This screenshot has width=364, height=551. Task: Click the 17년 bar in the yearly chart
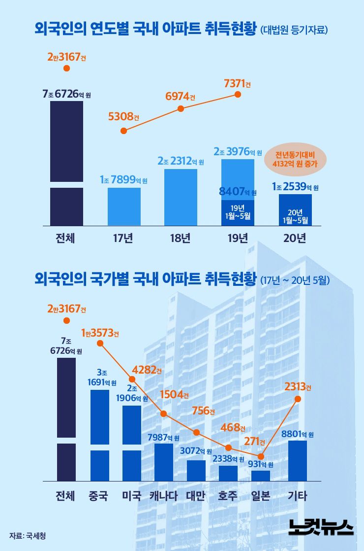click(124, 207)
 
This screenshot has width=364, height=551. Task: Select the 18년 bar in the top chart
click(181, 197)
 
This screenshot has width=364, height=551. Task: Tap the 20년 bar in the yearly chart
click(295, 210)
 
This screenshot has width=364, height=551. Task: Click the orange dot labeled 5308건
click(124, 131)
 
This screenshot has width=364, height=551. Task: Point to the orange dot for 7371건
click(239, 94)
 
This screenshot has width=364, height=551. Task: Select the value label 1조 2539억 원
click(295, 187)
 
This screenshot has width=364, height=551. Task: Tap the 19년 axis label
click(238, 239)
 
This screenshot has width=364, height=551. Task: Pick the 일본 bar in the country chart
click(261, 476)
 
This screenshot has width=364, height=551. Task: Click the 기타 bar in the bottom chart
click(298, 460)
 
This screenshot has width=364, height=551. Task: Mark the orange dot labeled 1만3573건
click(100, 343)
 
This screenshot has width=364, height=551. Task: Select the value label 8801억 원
click(298, 434)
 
